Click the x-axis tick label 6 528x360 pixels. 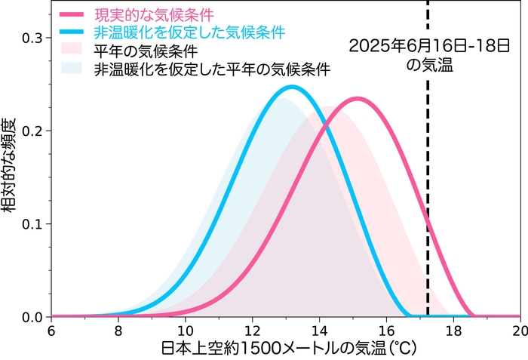(x=51, y=331)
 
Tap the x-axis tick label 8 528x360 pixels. (x=118, y=331)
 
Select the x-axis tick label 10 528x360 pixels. (x=185, y=331)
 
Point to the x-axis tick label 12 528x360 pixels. (x=252, y=331)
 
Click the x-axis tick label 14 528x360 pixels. (x=319, y=331)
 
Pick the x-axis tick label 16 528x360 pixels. (x=386, y=331)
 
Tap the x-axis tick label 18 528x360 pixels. (x=453, y=331)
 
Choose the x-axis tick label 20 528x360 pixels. (x=518, y=331)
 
